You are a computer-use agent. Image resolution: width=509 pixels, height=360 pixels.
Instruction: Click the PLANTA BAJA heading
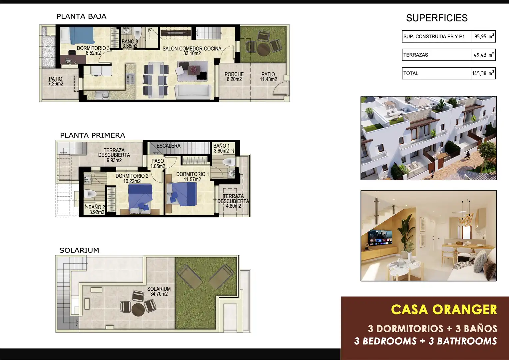pyautogui.click(x=81, y=16)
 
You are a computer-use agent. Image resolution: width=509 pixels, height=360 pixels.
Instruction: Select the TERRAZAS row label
pyautogui.click(x=416, y=55)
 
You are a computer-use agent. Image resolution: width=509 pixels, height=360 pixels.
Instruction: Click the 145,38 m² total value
pyautogui.click(x=483, y=73)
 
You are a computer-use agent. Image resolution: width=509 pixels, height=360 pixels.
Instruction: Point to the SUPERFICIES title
pyautogui.click(x=437, y=18)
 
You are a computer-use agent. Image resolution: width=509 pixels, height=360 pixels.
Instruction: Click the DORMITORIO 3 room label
pyautogui.click(x=93, y=50)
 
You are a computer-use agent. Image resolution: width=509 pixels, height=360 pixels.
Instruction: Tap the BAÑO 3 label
pyautogui.click(x=130, y=44)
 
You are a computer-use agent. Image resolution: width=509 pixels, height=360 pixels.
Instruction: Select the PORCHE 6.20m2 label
pyautogui.click(x=234, y=77)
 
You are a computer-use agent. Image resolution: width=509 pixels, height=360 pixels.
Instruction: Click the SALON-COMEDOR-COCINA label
pyautogui.click(x=192, y=51)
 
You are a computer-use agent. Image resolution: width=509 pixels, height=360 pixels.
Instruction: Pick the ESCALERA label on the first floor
pyautogui.click(x=168, y=146)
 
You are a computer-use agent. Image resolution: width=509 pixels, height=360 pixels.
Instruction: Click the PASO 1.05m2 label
pyautogui.click(x=158, y=164)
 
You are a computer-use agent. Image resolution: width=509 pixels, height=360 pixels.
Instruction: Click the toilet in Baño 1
pyautogui.click(x=229, y=162)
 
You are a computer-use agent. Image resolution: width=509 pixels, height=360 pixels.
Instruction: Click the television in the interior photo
pyautogui.click(x=380, y=238)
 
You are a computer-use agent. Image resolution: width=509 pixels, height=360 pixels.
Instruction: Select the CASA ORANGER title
pyautogui.click(x=444, y=310)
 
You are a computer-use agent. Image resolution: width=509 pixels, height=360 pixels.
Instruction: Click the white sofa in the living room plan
pyautogui.click(x=193, y=92)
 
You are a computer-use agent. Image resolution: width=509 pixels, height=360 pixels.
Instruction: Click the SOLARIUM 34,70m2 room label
pyautogui.click(x=159, y=291)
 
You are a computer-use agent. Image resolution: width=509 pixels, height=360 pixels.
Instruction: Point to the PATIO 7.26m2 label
pyautogui.click(x=55, y=81)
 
